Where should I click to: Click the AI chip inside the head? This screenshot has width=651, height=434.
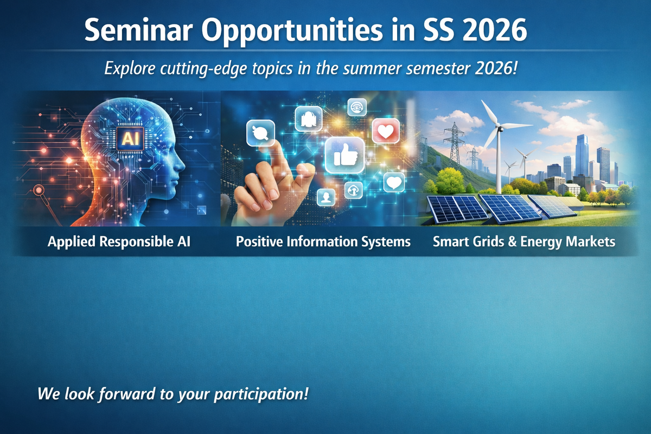[x=130, y=139]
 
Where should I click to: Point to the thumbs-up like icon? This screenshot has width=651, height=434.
[x=344, y=155]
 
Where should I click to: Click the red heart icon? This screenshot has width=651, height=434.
[x=386, y=131]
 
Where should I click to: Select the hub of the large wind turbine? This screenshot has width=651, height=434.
[x=499, y=128]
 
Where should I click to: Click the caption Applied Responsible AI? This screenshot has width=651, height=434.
[x=119, y=241]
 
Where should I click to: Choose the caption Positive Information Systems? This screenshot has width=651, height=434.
[x=323, y=241]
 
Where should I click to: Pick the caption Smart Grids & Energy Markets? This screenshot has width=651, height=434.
[x=524, y=241]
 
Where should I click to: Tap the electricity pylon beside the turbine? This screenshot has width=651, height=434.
[x=454, y=142]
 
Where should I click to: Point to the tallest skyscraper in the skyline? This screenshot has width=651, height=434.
[x=582, y=154]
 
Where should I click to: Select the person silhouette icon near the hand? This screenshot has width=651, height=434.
[x=326, y=197]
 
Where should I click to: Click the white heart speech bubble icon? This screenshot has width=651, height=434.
[x=394, y=182]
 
